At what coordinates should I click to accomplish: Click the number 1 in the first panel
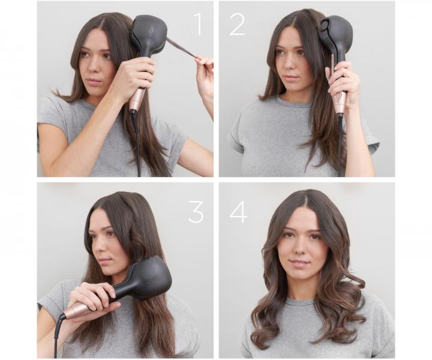[x=198, y=24]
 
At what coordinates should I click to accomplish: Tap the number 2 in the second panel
[x=237, y=24]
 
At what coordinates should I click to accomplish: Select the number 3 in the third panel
[x=196, y=211]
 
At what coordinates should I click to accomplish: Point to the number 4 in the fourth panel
[x=238, y=211]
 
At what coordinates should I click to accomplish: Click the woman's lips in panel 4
[x=299, y=263]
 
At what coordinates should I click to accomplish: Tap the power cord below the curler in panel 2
[x=341, y=144]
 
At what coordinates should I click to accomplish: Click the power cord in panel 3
[x=57, y=336]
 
